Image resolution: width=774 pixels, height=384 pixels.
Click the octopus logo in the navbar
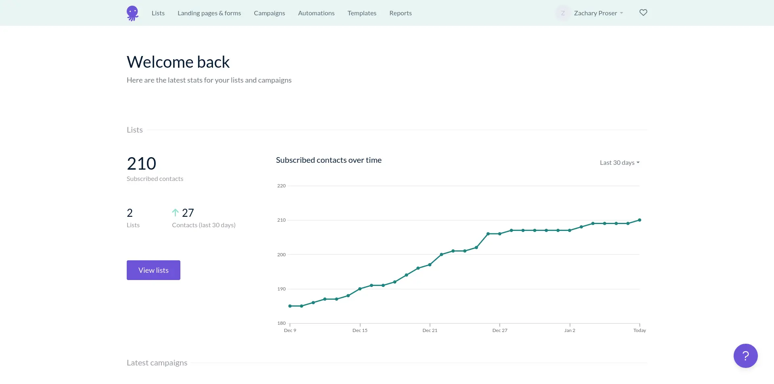coord(132,13)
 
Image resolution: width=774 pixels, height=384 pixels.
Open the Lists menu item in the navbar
coord(158,13)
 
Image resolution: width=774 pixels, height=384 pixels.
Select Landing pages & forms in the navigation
coord(209,13)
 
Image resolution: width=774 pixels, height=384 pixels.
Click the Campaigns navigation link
coord(269,13)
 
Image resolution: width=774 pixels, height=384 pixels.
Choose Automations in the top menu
coord(316,13)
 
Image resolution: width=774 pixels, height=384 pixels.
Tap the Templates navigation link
coord(362,13)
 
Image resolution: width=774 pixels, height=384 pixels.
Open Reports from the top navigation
coord(400,13)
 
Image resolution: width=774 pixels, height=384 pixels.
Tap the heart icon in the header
coord(643,12)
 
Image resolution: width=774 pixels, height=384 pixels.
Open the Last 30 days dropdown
coord(619,163)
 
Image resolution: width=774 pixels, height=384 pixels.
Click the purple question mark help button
coord(745,356)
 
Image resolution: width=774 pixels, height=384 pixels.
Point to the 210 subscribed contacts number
coord(141,164)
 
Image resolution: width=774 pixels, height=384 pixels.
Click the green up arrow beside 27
coord(175,212)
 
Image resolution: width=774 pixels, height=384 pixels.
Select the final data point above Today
coord(640,220)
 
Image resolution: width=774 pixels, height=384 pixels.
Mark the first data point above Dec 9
coord(290,306)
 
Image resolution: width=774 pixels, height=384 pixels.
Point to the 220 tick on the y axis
coord(281,186)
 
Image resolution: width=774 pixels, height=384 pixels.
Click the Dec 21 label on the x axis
coord(430,330)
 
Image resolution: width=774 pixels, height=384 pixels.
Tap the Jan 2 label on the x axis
coord(569,330)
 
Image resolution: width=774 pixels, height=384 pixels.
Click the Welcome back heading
coord(178,62)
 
